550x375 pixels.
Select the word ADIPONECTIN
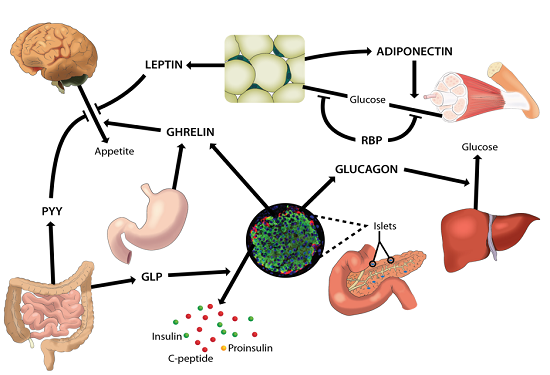[416, 50]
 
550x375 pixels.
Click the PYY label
[50, 212]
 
